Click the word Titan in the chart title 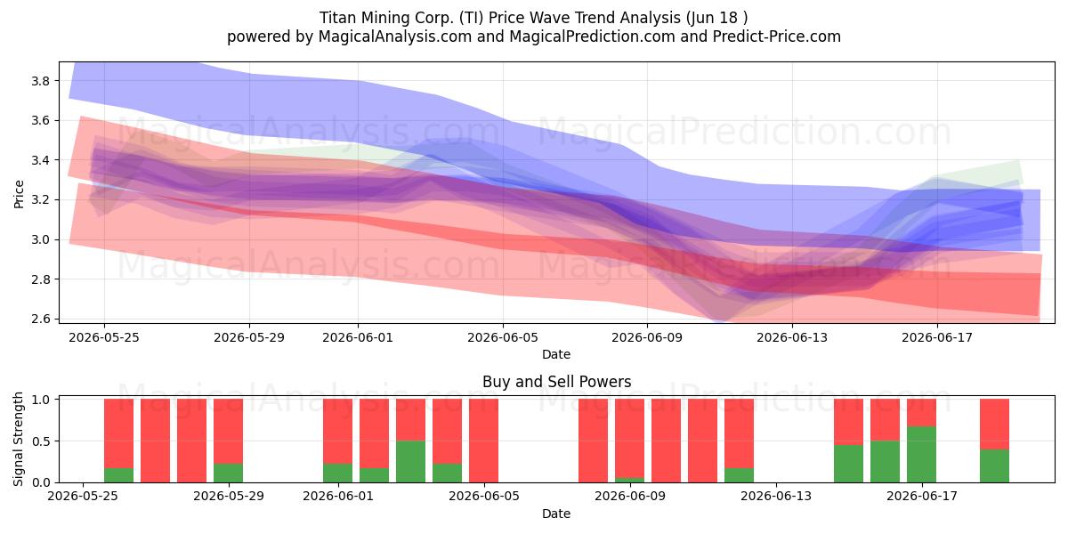pos(337,18)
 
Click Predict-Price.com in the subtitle pos(777,36)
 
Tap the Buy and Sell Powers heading pos(556,382)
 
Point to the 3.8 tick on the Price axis pos(40,81)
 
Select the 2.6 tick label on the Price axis pos(40,319)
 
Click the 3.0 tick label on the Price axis pos(40,239)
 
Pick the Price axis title pos(19,194)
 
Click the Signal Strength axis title pos(18,439)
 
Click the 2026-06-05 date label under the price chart pos(503,337)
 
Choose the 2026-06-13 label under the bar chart pos(776,496)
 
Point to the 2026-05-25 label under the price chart pos(104,337)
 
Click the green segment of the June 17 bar pos(921,455)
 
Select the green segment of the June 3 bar pos(410,462)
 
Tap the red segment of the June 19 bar pos(994,425)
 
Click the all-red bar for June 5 pos(483,441)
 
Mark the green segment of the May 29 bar pos(228,473)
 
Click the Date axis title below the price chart pos(556,354)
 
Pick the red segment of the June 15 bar pos(848,422)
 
